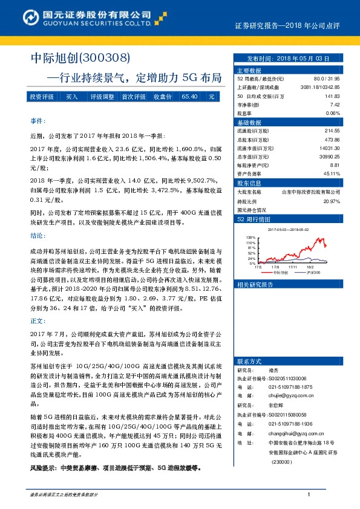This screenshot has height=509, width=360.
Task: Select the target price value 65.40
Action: pos(189,97)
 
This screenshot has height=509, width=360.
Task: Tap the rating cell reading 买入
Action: pos(72,97)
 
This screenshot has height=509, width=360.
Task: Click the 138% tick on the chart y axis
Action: pos(249,238)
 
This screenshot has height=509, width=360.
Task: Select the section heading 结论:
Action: pos(37,236)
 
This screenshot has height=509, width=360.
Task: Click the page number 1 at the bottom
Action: pos(309,494)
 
